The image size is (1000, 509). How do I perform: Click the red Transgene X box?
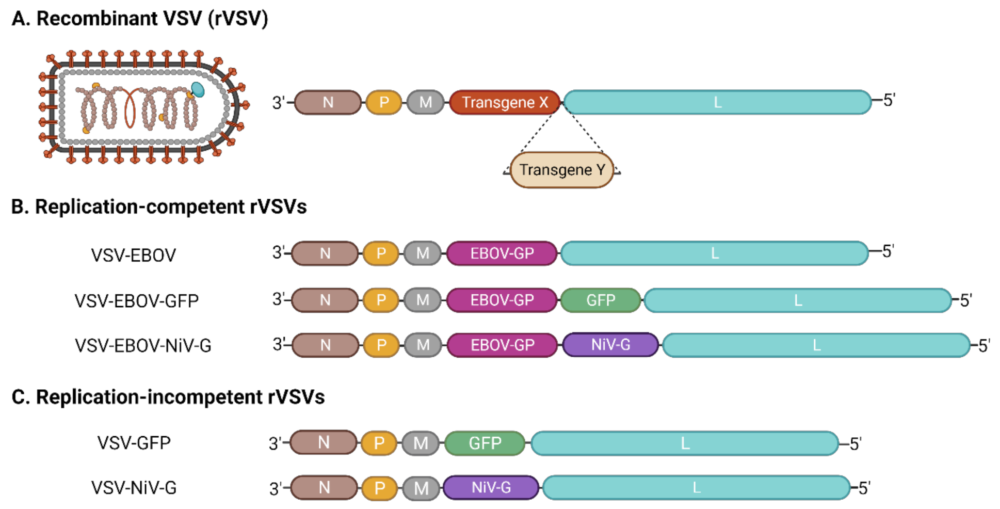(504, 102)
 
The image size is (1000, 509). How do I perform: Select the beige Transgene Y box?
(561, 170)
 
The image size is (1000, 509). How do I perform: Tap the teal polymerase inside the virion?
(198, 89)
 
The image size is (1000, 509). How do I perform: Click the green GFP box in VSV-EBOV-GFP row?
(600, 300)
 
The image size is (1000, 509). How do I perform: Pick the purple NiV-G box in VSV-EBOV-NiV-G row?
(610, 345)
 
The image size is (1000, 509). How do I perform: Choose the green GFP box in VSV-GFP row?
(485, 443)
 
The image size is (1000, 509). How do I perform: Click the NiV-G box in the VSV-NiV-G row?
(491, 487)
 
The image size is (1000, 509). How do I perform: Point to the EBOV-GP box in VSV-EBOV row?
(502, 253)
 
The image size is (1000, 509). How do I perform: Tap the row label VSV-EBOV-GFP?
(136, 300)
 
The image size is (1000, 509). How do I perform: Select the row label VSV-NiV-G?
(134, 487)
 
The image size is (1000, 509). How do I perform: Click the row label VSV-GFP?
(134, 443)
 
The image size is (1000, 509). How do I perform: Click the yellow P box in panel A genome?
(384, 102)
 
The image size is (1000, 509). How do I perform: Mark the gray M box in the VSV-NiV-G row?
(421, 488)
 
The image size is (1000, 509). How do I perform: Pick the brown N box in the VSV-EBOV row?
(325, 253)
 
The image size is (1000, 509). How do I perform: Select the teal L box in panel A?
(717, 102)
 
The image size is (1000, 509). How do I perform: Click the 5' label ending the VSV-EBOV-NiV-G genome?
(983, 345)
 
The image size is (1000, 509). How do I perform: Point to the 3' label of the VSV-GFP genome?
(276, 444)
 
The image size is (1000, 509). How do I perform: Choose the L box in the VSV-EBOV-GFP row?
(797, 300)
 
